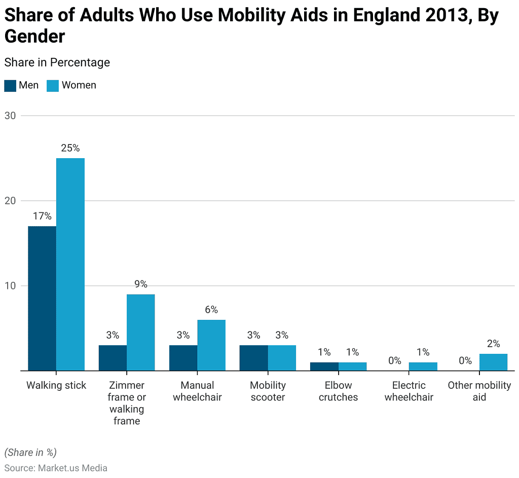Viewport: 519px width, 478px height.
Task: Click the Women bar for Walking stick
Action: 70,264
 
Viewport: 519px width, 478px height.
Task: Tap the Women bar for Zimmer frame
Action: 141,332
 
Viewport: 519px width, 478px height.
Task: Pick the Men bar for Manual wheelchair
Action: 183,358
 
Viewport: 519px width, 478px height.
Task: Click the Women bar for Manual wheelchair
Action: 211,345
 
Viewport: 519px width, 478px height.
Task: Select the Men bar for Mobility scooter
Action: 253,358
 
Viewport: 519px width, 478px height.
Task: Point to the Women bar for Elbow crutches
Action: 352,366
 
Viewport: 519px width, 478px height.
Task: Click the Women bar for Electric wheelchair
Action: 423,366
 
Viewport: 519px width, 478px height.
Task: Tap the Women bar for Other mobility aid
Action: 493,362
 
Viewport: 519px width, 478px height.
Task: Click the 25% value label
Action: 70,148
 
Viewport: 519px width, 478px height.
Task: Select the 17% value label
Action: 42,216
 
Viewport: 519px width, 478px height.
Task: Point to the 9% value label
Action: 141,284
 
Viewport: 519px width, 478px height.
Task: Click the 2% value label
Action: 493,344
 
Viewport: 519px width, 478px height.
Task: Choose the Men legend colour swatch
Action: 10,85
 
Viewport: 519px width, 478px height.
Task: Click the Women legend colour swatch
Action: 53,85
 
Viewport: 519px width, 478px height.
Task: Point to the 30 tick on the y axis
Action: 10,116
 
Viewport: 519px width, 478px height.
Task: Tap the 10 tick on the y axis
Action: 10,286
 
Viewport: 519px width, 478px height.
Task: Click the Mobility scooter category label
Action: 268,391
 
